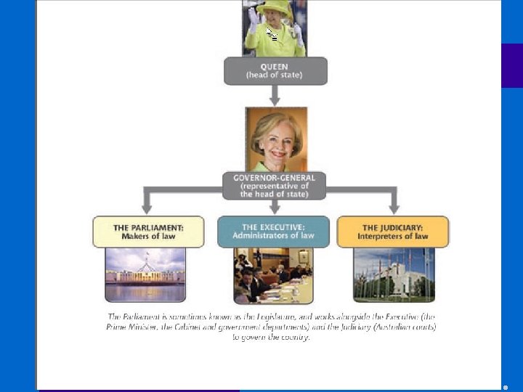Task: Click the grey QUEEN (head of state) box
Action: pyautogui.click(x=275, y=70)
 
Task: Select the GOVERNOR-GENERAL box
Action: pyautogui.click(x=275, y=185)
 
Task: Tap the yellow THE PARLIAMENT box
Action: pyautogui.click(x=148, y=232)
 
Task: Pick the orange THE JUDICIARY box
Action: pyautogui.click(x=393, y=232)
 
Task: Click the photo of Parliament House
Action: pyautogui.click(x=145, y=274)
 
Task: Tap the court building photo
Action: pyautogui.click(x=393, y=274)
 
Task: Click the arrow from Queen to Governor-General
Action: pyautogui.click(x=275, y=95)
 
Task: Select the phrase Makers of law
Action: pyautogui.click(x=148, y=237)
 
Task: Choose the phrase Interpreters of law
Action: pyautogui.click(x=393, y=237)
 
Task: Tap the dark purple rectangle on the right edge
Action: pyautogui.click(x=511, y=65)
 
